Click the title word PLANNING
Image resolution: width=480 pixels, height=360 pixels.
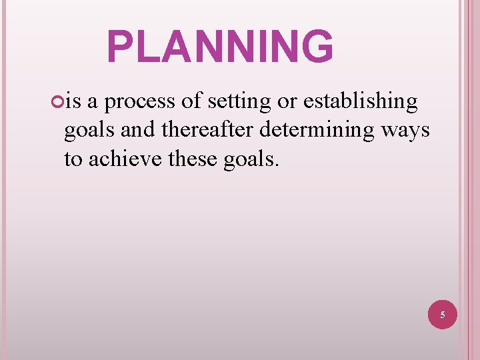point(220,47)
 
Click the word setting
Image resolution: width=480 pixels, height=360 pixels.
point(239,101)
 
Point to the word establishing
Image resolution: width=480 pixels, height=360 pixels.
point(361,101)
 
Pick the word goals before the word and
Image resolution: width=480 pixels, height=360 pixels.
point(90,131)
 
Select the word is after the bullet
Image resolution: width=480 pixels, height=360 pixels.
point(74,101)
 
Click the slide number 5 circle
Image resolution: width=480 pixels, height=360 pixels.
point(443,313)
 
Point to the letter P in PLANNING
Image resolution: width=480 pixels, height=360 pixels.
point(121,47)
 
